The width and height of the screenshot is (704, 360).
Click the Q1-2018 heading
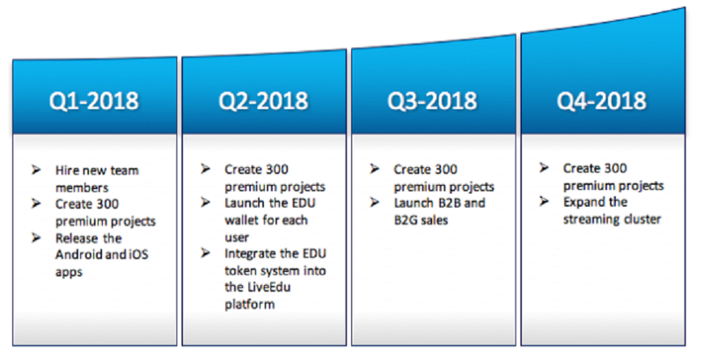tap(94, 100)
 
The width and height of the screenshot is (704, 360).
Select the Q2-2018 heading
tap(263, 100)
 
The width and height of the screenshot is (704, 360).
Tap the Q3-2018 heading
tap(432, 100)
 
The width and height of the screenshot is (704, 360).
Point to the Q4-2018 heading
tap(602, 100)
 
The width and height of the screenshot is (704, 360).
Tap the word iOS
tap(138, 255)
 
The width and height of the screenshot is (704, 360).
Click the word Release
tap(76, 239)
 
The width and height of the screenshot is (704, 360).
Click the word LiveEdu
tap(269, 287)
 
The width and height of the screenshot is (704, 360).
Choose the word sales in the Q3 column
tap(436, 220)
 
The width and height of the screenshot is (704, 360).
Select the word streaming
tap(585, 219)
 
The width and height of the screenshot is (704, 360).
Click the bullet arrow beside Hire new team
tap(36, 170)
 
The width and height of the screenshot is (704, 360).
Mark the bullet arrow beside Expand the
tap(544, 202)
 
